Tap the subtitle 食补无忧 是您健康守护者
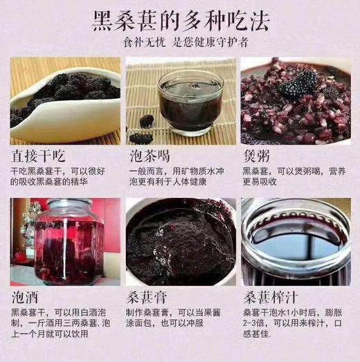(181, 42)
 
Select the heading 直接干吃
(40, 154)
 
